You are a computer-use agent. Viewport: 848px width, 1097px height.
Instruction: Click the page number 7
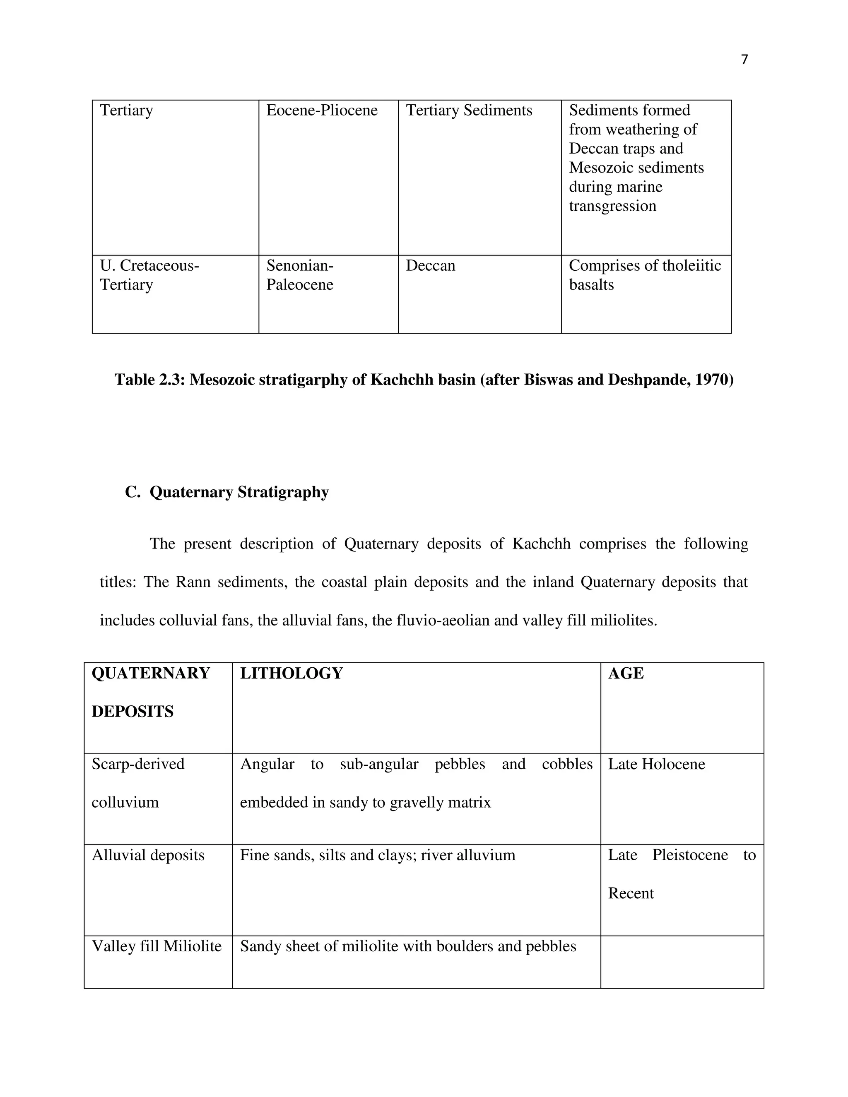tap(744, 60)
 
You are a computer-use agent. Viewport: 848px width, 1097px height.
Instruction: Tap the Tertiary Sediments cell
tap(469, 111)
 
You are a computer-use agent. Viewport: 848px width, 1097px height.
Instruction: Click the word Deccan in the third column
tap(430, 266)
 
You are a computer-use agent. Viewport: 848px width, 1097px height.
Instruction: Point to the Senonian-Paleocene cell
tap(300, 275)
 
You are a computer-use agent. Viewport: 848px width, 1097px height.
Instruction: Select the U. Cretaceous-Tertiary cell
tap(149, 275)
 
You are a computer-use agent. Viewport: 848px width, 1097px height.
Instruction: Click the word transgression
tap(612, 206)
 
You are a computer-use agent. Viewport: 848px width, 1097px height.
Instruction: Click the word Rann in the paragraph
tap(193, 582)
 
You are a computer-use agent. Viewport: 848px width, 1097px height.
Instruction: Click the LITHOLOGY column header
tap(291, 674)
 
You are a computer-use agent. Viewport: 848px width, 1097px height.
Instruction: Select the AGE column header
tap(626, 674)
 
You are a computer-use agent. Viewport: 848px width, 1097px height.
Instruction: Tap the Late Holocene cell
tap(656, 765)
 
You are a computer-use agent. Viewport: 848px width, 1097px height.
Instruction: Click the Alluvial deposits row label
tap(148, 855)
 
